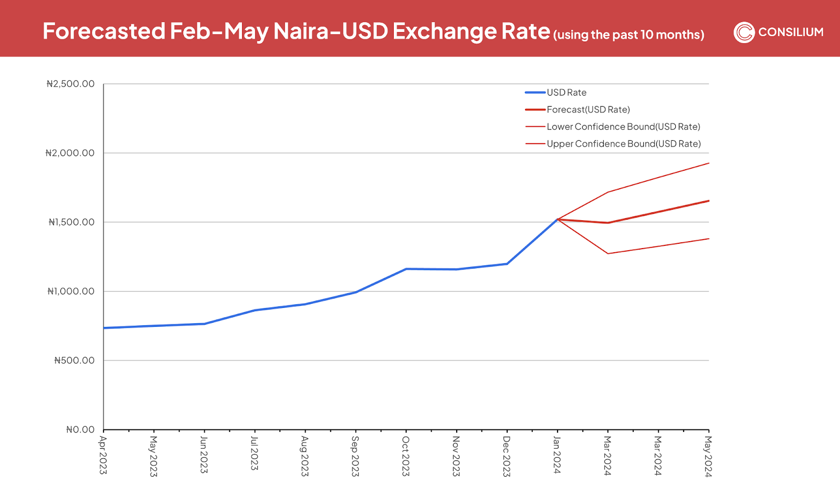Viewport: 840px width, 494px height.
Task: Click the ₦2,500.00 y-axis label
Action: [70, 84]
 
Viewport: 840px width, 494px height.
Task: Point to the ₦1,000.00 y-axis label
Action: [71, 292]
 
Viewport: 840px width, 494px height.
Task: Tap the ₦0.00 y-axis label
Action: [80, 430]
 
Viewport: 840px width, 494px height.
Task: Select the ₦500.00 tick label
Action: [74, 361]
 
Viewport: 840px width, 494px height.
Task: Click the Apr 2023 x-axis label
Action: [103, 455]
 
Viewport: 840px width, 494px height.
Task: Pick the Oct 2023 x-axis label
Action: [405, 456]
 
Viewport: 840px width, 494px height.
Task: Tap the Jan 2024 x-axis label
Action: [557, 455]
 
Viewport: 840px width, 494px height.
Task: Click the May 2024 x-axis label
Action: [708, 456]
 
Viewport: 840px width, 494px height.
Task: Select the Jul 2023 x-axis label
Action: [254, 454]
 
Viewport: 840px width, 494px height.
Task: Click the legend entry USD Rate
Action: [566, 92]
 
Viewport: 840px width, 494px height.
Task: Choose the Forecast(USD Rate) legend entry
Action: [588, 110]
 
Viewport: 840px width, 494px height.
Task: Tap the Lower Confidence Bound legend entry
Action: [623, 127]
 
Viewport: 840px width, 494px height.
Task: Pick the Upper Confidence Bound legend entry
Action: [624, 144]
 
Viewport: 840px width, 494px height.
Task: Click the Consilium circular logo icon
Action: [744, 33]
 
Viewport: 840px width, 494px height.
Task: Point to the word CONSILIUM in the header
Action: [791, 33]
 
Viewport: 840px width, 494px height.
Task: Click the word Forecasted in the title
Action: [104, 32]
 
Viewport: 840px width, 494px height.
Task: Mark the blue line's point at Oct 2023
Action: [406, 269]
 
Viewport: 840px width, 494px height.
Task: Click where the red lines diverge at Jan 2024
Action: [557, 219]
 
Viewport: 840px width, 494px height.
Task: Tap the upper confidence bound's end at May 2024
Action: [709, 163]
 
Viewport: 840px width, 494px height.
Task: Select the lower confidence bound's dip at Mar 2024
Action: [608, 254]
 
